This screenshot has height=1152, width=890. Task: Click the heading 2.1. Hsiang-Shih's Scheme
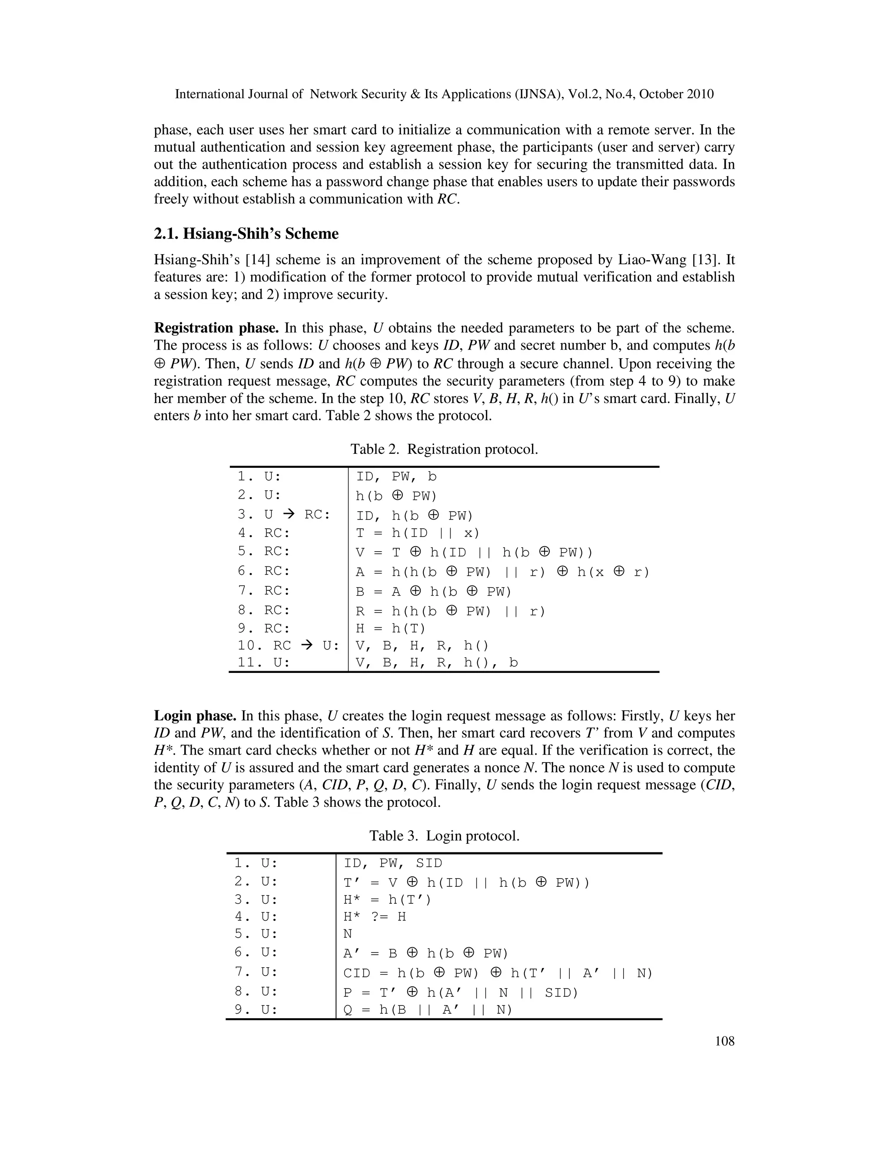tap(246, 234)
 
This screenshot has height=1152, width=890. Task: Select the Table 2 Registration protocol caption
tap(444, 449)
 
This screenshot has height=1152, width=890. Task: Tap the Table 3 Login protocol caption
tap(444, 836)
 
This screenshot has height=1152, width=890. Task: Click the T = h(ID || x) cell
tap(418, 533)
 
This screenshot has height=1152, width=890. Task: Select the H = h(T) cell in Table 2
tap(390, 628)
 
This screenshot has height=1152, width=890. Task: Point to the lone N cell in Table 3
tap(348, 934)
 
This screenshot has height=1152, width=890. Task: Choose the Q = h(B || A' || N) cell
tap(428, 1009)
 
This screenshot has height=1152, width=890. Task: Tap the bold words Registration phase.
tap(216, 328)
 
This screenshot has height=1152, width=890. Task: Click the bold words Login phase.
tap(195, 716)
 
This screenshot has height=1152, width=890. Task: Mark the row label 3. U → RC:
tap(284, 514)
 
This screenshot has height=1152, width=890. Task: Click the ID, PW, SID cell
tap(393, 863)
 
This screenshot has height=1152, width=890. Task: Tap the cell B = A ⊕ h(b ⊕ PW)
tap(433, 592)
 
